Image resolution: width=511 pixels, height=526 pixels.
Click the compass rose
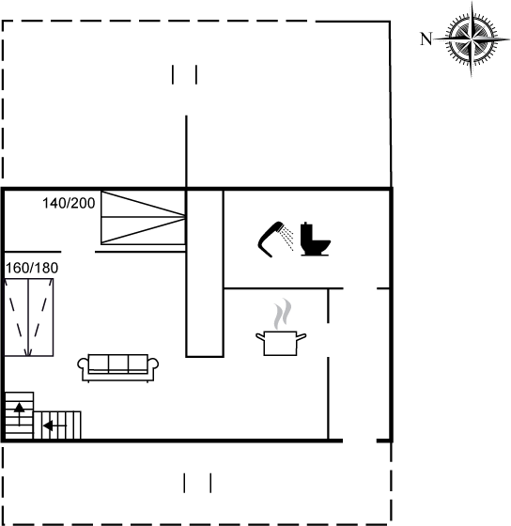tap(472, 39)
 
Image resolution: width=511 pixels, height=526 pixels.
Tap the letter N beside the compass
tap(426, 39)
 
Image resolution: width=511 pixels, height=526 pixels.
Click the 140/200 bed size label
tap(69, 203)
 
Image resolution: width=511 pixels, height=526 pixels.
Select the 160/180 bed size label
tap(32, 268)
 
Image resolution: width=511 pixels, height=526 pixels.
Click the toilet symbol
tap(315, 239)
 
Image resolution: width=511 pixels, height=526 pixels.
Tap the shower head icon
tap(271, 239)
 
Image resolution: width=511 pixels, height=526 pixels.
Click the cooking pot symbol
tap(281, 343)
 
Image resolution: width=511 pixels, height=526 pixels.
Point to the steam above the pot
tap(282, 314)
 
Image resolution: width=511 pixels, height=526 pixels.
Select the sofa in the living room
tap(118, 368)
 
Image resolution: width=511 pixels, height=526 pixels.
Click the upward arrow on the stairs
tap(19, 414)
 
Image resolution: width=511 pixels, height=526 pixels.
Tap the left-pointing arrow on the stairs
tap(54, 426)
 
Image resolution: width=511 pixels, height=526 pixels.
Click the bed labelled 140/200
tap(144, 217)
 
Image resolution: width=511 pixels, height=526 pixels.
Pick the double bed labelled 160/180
tap(29, 317)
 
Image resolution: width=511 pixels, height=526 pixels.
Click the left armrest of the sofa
tap(83, 364)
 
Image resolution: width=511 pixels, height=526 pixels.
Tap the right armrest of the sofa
tap(153, 364)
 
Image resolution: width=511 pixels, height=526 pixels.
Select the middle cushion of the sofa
tap(118, 363)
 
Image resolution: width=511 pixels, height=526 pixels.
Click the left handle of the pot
tap(260, 336)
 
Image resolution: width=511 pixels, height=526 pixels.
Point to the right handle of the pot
tap(302, 336)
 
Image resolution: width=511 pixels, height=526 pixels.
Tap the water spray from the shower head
tap(287, 238)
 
